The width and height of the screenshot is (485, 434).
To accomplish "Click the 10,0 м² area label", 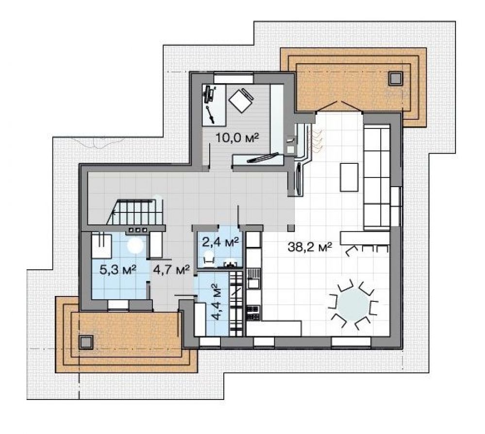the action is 237,138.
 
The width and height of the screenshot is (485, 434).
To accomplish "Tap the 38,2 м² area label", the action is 310,247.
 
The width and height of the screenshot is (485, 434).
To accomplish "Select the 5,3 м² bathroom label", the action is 118,269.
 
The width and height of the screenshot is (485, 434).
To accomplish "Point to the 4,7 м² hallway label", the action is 171,270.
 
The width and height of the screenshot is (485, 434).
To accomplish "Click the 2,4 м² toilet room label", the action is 220,242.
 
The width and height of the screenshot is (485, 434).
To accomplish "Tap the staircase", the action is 135,212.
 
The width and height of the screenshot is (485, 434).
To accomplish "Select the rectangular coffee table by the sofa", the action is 350,177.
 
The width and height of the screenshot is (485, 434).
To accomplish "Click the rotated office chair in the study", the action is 241,100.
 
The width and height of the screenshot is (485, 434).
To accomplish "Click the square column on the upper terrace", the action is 396,78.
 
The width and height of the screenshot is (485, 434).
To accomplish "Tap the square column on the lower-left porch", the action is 85,342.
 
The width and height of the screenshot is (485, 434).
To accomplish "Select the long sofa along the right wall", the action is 376,178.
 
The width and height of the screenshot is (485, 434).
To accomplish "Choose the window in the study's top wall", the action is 234,78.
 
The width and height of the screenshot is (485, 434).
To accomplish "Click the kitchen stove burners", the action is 253,312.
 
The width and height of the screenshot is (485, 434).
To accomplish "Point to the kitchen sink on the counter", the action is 253,283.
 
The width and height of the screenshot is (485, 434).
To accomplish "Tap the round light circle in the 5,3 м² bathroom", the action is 135,245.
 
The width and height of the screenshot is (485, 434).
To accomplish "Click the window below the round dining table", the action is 351,342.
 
